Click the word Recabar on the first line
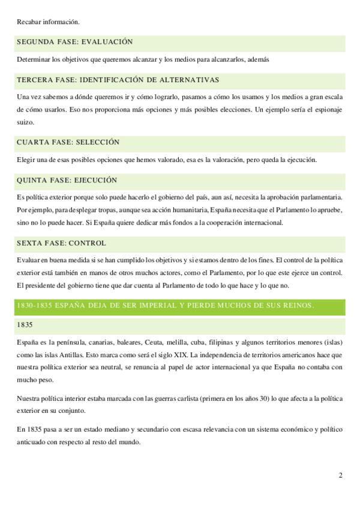coord(30,22)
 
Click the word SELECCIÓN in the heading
coord(97,142)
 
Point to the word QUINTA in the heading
coord(33,180)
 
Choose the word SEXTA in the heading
coord(31,243)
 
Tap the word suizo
coord(26,122)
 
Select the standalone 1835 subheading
coord(26,325)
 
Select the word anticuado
coord(35,442)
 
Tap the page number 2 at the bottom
coord(340,477)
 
